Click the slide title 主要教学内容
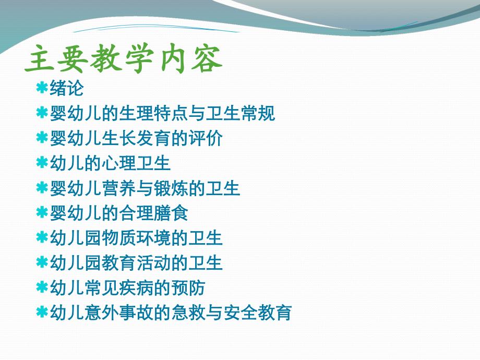coord(123,59)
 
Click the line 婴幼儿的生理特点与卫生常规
coord(162,113)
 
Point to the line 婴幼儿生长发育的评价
coord(136,138)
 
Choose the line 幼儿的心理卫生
coord(110,163)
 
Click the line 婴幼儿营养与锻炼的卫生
coord(145,188)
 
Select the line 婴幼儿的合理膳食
coord(119,213)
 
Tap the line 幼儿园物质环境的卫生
coord(136,238)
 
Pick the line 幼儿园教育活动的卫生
coord(136,262)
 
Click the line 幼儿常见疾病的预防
coord(127,287)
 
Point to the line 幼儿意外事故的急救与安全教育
coord(171,312)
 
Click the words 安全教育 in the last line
coord(257,312)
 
